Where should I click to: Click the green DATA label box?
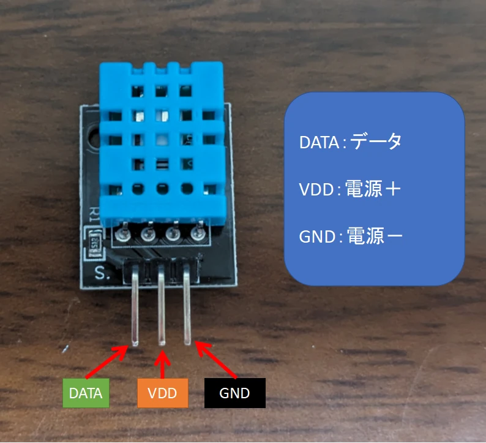tap(86, 393)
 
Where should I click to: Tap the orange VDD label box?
tap(163, 393)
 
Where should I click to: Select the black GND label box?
tap(235, 393)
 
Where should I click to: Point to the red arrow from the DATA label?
tap(107, 362)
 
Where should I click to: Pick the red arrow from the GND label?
tap(216, 360)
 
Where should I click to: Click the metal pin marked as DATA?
tap(135, 306)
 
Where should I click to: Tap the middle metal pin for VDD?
tap(162, 306)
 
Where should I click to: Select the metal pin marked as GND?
tap(187, 306)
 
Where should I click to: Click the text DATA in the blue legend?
tap(320, 142)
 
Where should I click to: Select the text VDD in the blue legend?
tap(316, 189)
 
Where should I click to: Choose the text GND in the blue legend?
tap(318, 237)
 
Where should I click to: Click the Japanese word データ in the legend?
tap(376, 142)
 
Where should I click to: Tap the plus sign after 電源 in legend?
tap(393, 189)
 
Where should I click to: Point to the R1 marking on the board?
tap(94, 214)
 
